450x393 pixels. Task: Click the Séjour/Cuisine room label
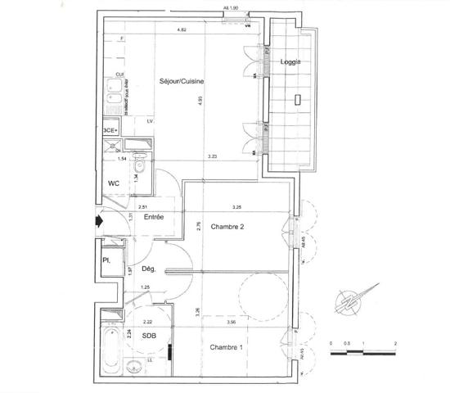(181, 82)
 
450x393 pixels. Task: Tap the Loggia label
(290, 62)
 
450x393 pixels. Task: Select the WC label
(115, 185)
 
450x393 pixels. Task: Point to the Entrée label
(154, 217)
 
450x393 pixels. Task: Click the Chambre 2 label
(229, 227)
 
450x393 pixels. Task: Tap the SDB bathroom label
(150, 336)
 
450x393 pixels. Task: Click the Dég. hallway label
(148, 269)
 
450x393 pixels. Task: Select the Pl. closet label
(106, 261)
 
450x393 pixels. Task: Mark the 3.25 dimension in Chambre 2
(237, 206)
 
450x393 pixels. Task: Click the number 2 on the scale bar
(395, 345)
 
